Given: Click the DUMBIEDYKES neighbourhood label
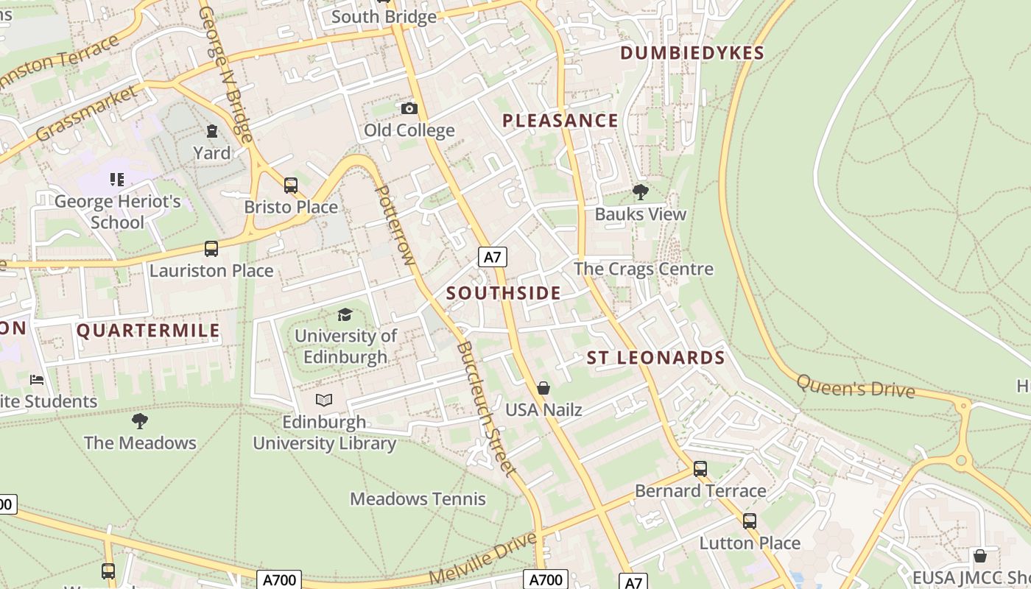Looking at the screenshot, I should pos(692,53).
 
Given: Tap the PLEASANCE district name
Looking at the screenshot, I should pos(560,121).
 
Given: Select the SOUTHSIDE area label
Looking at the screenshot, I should pos(504,293).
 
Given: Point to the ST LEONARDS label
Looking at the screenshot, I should pos(656,359).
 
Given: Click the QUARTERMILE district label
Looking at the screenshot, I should pos(148,331).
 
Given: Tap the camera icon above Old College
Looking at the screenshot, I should pos(409,109).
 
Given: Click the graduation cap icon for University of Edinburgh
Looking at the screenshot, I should pos(345,315).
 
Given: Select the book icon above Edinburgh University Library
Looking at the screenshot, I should pos(324,401).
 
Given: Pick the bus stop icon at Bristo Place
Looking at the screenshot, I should pos(291,186).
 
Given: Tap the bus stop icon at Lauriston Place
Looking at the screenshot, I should pos(211,249).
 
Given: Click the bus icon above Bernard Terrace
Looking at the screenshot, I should pos(700,469).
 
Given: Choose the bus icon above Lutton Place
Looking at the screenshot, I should pos(750,521).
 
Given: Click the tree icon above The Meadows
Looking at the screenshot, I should pos(140,421).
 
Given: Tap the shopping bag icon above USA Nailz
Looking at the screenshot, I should pos(543,388).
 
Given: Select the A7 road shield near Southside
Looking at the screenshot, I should pos(493,257).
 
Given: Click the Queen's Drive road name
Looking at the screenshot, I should pos(856,387).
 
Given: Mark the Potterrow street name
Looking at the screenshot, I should pos(395,225).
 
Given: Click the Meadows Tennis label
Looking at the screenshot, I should pos(418,499).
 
